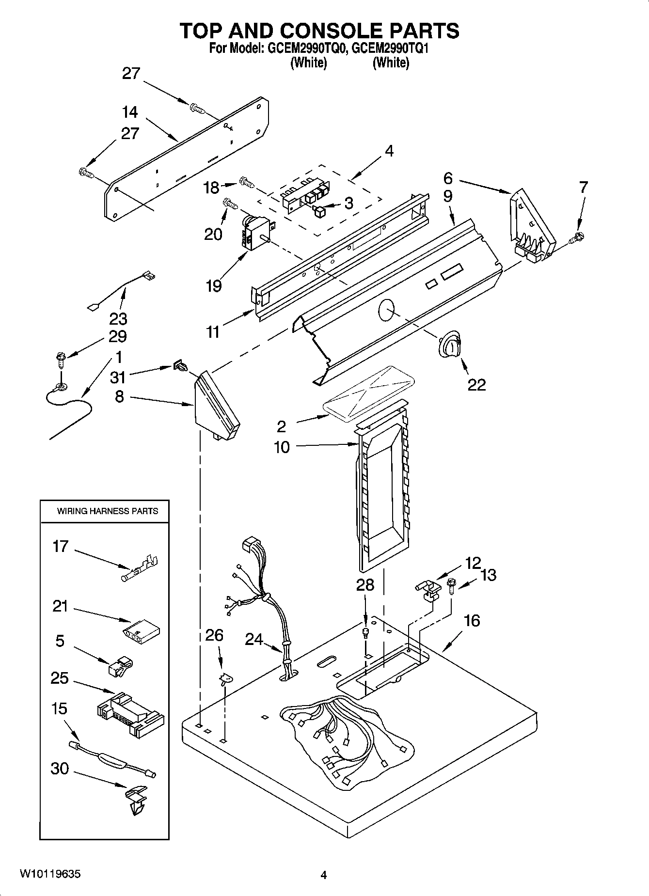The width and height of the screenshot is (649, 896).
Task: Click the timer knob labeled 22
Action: tap(449, 346)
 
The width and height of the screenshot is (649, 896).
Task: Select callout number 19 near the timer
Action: tap(213, 286)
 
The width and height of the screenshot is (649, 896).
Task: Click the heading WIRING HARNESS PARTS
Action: tap(108, 511)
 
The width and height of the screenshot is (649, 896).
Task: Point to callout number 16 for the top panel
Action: tap(472, 620)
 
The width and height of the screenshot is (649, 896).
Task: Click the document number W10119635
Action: tap(50, 874)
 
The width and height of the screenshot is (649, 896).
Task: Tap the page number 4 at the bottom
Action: tap(324, 875)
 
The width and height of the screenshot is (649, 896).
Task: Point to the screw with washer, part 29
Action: tap(60, 361)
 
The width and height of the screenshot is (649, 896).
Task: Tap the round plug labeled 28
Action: tap(366, 631)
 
